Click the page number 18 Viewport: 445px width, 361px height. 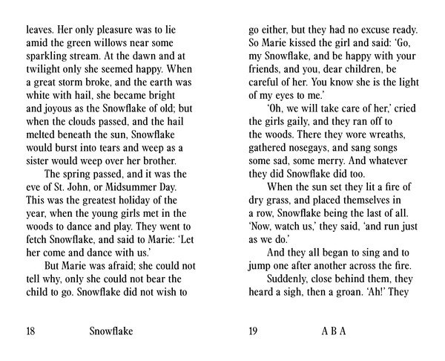pyautogui.click(x=30, y=332)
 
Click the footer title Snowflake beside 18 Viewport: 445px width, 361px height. pyautogui.click(x=111, y=332)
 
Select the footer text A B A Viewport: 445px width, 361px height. pyautogui.click(x=334, y=332)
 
